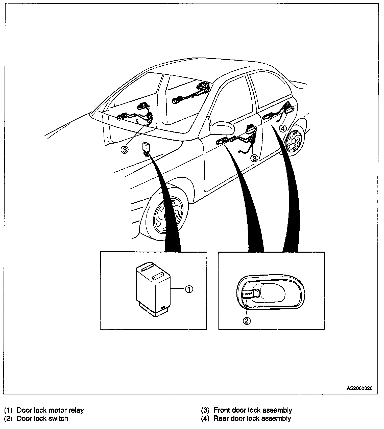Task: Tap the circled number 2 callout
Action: click(x=247, y=321)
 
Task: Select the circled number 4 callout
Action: click(x=283, y=129)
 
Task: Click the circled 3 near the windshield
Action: click(x=124, y=150)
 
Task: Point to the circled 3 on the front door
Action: click(x=254, y=158)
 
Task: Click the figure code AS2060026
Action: click(x=359, y=388)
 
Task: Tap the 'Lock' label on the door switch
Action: click(x=247, y=294)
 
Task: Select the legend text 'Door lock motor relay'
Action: click(x=50, y=410)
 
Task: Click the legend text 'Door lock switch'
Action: click(x=42, y=418)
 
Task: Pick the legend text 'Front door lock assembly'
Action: click(x=253, y=410)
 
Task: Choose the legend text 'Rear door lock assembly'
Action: click(x=252, y=418)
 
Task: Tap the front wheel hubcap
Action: click(x=168, y=216)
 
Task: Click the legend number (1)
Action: click(x=8, y=410)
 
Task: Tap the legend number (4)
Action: click(x=205, y=418)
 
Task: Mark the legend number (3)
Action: click(x=205, y=410)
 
